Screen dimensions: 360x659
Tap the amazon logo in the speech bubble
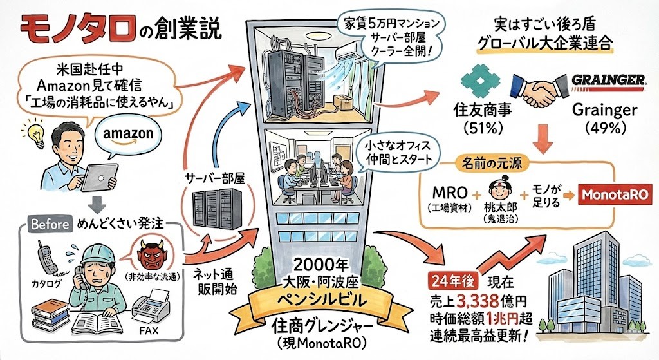[x=127, y=134]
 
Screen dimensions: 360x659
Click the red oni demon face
[x=153, y=254]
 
